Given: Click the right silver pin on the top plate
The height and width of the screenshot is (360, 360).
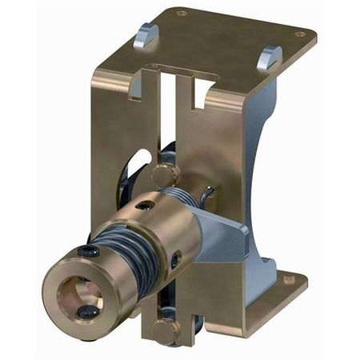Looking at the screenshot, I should (x=272, y=56).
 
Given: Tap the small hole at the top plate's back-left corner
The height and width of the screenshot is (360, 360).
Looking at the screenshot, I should (x=182, y=13).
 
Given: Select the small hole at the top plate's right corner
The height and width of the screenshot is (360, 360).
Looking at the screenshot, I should (x=300, y=34).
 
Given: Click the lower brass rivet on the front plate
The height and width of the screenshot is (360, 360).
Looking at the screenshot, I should (x=165, y=329).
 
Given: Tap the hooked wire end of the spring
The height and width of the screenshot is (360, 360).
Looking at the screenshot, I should (x=208, y=194).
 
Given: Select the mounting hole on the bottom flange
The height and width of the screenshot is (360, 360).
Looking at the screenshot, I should (x=290, y=279).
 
